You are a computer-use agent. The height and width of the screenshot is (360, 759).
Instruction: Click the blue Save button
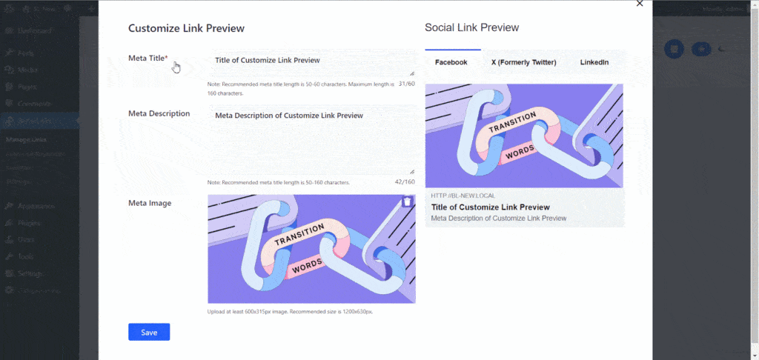[x=149, y=332]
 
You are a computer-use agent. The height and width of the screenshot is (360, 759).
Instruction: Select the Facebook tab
[x=451, y=62]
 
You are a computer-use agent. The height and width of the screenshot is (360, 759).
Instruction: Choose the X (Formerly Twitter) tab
[x=523, y=62]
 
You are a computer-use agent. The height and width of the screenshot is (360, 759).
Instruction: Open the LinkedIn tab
[x=594, y=62]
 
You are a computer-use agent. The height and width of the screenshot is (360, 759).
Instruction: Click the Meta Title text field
[x=311, y=61]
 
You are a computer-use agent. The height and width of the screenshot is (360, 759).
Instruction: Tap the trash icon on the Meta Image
[x=407, y=201]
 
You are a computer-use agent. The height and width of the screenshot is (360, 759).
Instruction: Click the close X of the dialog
[x=640, y=4]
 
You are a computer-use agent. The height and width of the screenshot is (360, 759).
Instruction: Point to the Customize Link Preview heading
[x=186, y=28]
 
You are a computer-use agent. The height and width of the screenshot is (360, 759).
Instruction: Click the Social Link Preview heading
[x=471, y=27]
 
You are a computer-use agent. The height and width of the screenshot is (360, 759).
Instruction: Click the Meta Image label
[x=150, y=203]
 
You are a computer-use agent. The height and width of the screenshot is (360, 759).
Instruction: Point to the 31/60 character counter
[x=406, y=84]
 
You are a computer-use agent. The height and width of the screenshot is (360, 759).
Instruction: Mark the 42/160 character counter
[x=405, y=181]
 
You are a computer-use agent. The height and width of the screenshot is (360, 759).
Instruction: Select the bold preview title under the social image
[x=490, y=207]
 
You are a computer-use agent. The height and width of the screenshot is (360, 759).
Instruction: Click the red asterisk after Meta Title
[x=166, y=58]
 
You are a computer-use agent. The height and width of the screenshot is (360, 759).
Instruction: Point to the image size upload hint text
[x=290, y=311]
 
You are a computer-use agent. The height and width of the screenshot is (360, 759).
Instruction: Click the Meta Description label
[x=159, y=113]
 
